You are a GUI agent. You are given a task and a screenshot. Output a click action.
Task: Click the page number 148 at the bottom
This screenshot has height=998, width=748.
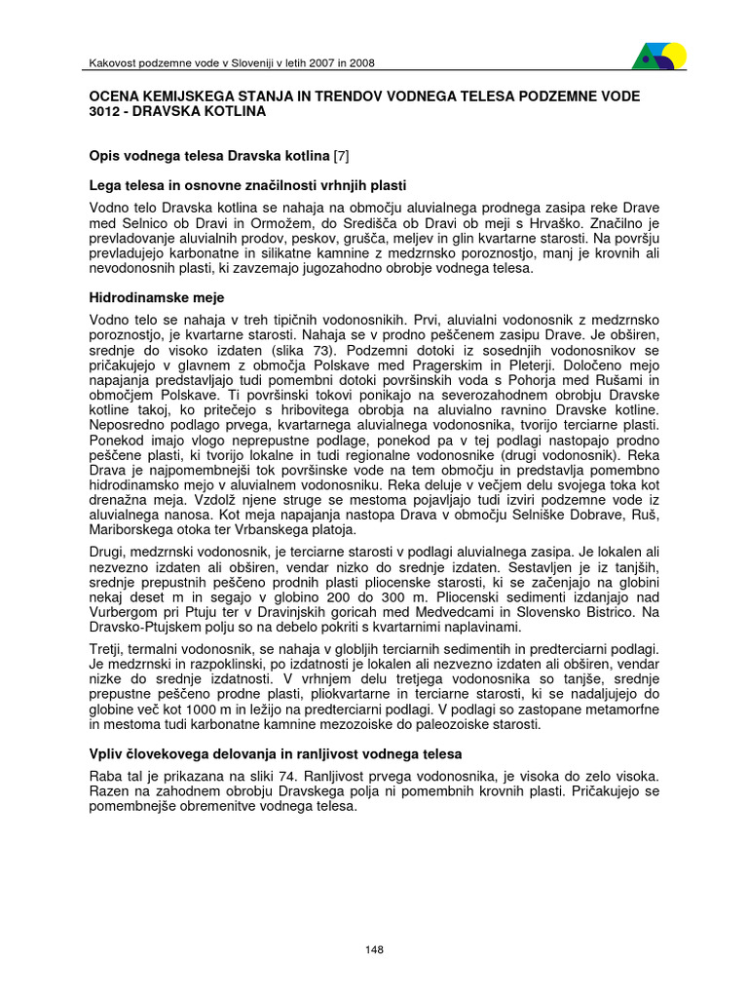point(374,950)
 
